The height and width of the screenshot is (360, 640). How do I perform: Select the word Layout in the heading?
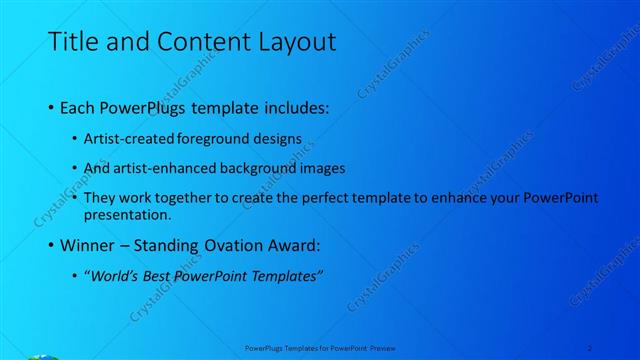296,42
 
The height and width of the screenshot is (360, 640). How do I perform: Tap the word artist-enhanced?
167,168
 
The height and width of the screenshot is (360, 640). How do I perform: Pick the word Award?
293,245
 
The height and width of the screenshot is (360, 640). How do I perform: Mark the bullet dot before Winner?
51,246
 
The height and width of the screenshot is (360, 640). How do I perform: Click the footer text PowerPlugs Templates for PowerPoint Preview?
319,348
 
